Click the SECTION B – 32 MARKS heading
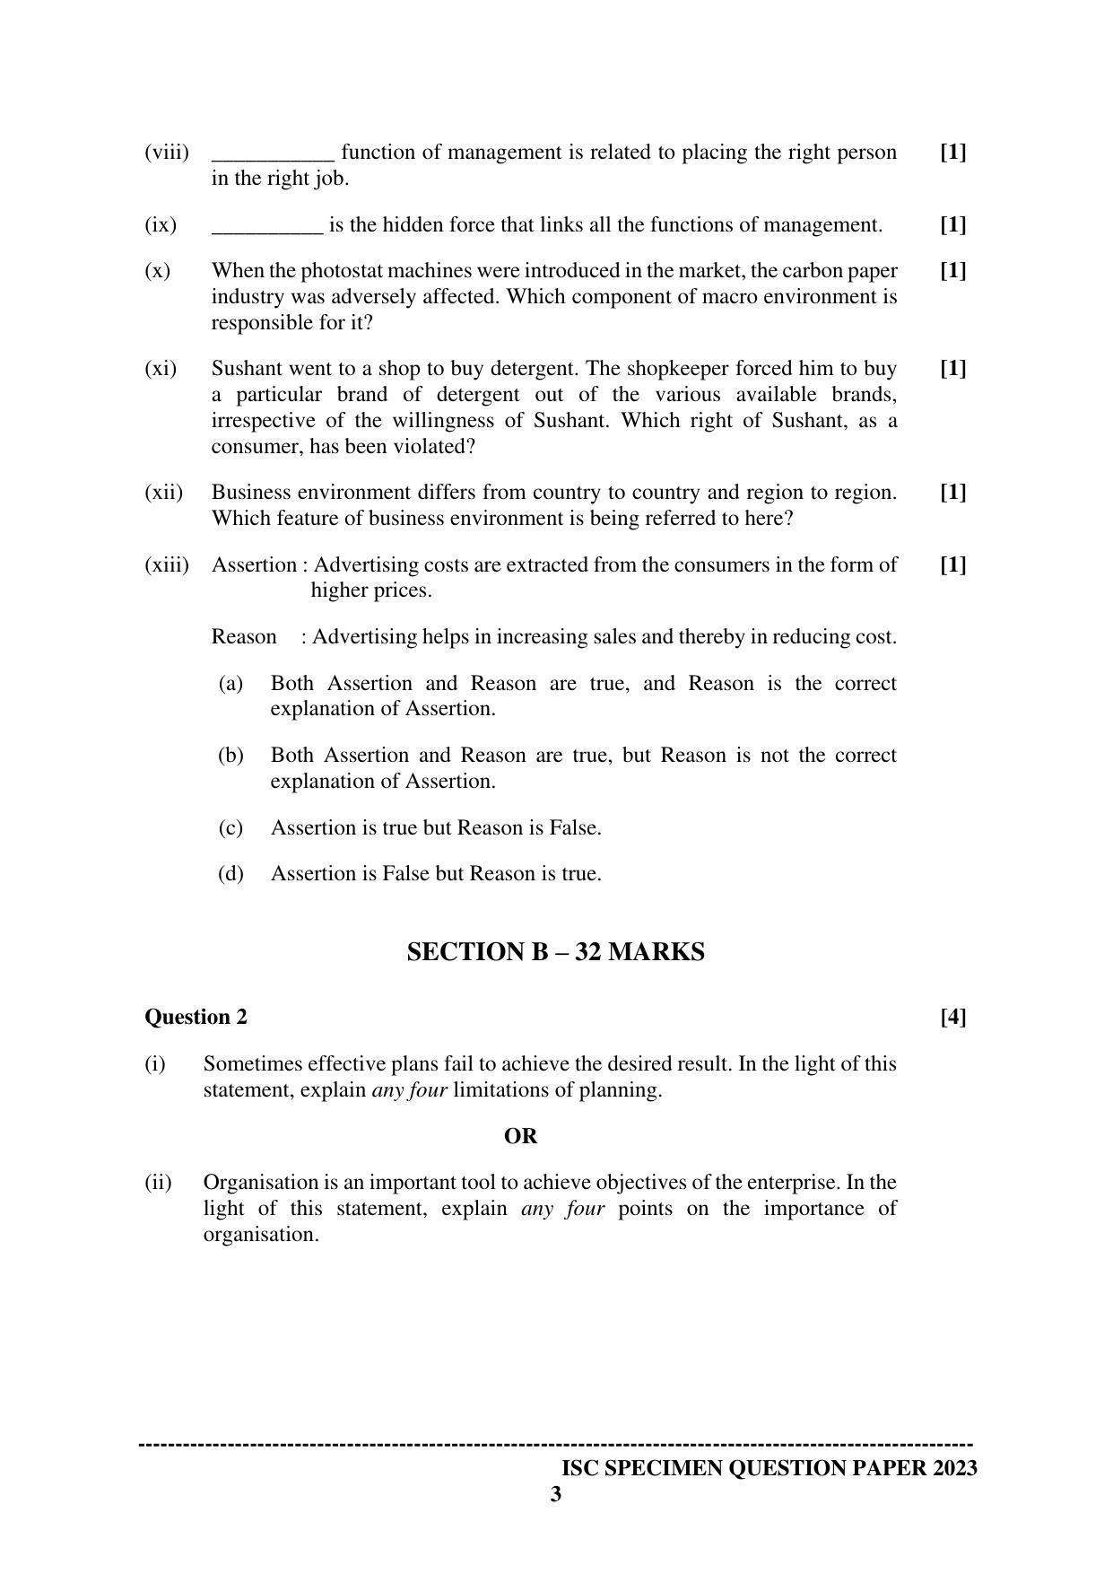555,952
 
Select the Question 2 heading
196,1017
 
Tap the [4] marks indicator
952,1017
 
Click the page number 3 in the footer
556,1495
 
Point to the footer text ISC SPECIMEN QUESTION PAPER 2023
769,1469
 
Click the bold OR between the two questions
520,1136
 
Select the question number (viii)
167,153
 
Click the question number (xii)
163,493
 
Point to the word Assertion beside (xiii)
254,565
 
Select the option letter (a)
230,684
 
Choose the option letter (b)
230,756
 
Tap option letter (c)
230,828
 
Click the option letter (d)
230,874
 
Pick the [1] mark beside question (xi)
952,369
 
